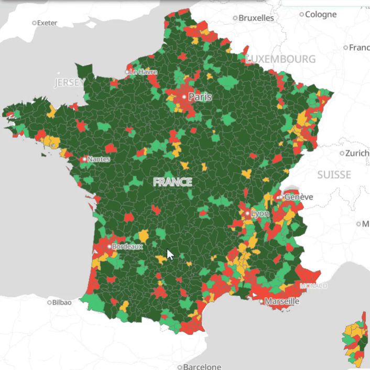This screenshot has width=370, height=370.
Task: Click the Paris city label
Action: (x=200, y=97)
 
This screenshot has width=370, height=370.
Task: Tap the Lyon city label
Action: (x=260, y=214)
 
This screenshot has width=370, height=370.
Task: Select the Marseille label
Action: (x=281, y=302)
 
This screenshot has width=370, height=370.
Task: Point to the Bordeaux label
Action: (x=127, y=246)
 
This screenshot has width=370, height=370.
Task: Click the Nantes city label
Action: (x=99, y=159)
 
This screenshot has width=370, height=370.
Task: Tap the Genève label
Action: (x=298, y=197)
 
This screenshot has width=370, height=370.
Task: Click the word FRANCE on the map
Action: (x=172, y=182)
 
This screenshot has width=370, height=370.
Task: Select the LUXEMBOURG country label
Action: (x=280, y=59)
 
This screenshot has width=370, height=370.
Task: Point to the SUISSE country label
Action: (x=334, y=175)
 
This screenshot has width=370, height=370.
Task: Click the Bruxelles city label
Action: (x=256, y=18)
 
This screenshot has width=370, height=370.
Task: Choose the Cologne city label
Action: (x=321, y=14)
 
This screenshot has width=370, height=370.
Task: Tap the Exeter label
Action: (x=47, y=23)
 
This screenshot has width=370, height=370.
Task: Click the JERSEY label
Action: (x=69, y=83)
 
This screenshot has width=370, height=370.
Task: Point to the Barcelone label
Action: (x=202, y=367)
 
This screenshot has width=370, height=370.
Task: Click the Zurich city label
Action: (x=358, y=154)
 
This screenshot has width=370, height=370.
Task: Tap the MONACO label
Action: (x=313, y=286)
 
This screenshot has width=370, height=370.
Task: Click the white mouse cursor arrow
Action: (x=170, y=255)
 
